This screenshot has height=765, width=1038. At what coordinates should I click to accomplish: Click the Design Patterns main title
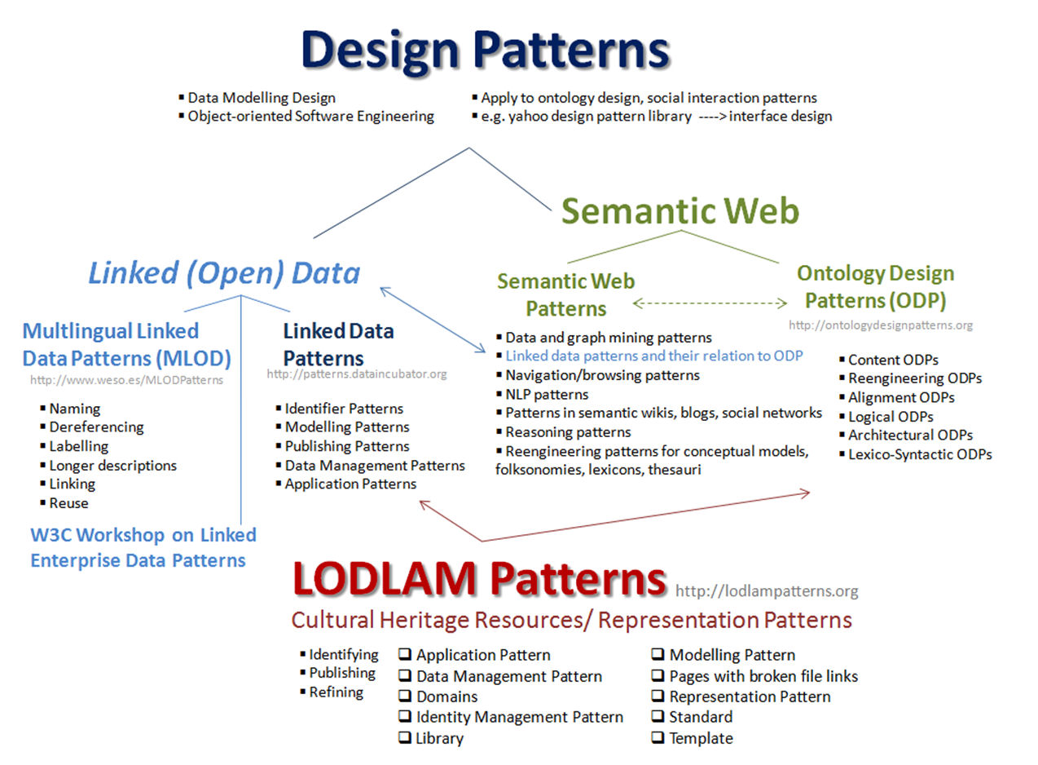[486, 51]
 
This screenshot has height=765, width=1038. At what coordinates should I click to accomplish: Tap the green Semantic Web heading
[680, 211]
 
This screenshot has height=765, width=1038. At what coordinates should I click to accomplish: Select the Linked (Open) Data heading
[224, 273]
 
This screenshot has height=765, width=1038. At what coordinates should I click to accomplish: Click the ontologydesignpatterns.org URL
[881, 325]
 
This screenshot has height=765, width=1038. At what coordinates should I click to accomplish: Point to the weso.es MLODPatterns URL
[126, 379]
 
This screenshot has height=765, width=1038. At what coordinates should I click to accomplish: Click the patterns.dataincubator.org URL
[357, 374]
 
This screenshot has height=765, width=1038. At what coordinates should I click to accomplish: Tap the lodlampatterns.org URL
[767, 590]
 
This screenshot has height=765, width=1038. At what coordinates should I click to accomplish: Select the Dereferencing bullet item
[96, 427]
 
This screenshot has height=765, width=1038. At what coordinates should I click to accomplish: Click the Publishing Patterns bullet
[347, 446]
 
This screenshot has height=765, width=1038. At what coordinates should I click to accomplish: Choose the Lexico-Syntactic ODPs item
[920, 454]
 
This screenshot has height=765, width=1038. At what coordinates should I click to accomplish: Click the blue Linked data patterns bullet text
[654, 356]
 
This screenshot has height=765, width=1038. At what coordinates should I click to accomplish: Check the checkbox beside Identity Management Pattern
[405, 717]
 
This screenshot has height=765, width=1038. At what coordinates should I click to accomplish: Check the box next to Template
[658, 738]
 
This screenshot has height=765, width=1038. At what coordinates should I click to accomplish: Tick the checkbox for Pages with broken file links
[658, 676]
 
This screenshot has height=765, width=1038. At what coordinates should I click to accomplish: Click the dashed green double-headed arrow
[710, 303]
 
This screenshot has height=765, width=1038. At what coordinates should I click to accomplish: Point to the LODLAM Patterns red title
[479, 578]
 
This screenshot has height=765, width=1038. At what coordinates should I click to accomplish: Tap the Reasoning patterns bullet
[568, 431]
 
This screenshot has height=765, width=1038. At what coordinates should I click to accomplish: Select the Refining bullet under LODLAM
[336, 692]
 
